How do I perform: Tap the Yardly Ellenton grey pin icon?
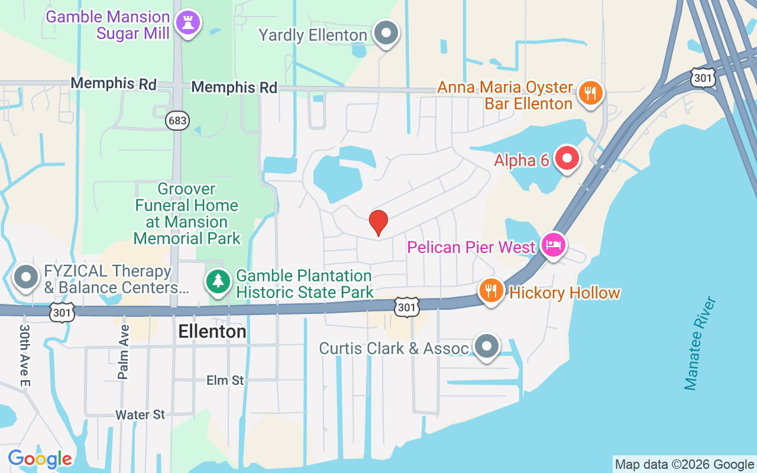pos(387,33)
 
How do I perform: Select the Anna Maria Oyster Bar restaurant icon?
pos(590,93)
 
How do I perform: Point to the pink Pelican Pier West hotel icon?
pos(554,245)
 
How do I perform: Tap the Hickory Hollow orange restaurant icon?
pos(491,291)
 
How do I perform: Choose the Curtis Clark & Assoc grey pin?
pos(487,346)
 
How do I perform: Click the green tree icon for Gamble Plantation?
pos(219,280)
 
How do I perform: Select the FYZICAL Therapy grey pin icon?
pos(26,277)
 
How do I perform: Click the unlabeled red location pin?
pos(378,223)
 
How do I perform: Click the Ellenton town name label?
pos(212,332)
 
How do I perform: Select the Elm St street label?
pos(225,380)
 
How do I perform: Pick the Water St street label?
pos(140,414)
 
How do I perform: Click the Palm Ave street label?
pos(123,352)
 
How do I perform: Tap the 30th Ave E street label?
pos(25,355)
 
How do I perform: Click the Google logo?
pos(40,458)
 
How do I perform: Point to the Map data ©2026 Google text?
pos(684,465)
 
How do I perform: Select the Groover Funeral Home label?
pos(187,213)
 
